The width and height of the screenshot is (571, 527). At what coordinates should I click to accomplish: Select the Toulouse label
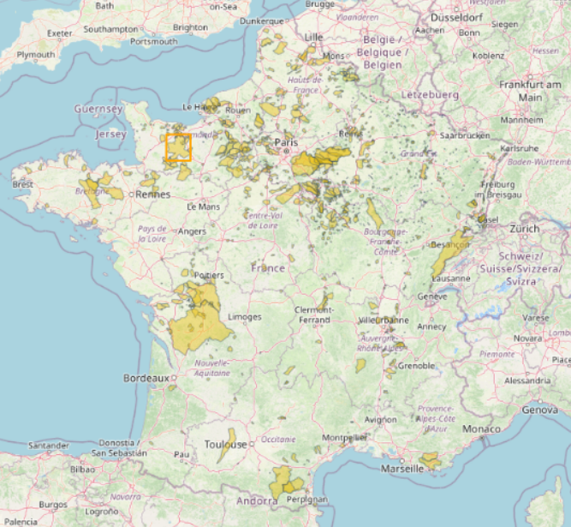coord(225,444)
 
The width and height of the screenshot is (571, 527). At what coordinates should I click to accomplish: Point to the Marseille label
coord(402,469)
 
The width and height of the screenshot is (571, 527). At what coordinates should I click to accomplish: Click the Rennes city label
coord(152,195)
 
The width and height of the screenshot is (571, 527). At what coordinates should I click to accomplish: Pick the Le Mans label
coord(203,207)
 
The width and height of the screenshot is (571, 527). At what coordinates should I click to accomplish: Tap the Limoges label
coord(244,317)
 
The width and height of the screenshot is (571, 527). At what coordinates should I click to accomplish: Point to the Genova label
coord(539,410)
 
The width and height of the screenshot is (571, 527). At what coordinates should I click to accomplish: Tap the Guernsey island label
coord(100,109)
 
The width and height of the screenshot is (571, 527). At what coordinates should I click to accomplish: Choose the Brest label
coord(23,184)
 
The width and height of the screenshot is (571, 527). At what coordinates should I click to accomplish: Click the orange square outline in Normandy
coord(178,147)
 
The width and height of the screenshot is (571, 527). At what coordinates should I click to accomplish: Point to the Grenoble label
coord(417,366)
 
